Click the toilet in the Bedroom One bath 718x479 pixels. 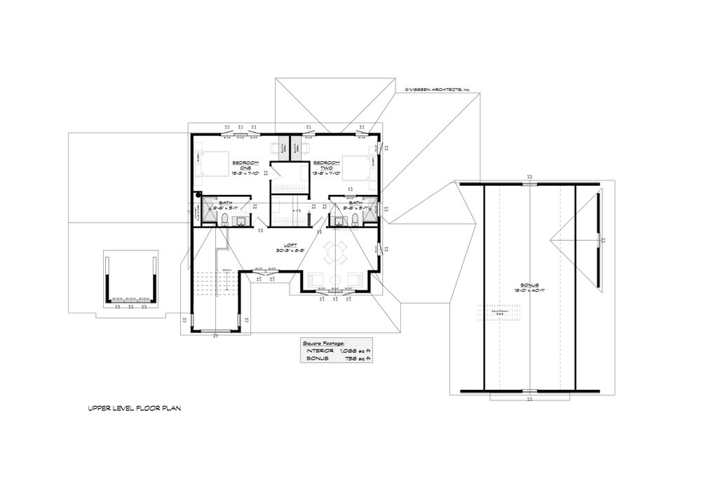[x=222, y=221]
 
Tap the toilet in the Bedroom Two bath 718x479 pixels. [x=355, y=221]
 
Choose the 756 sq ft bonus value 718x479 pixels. [x=358, y=358]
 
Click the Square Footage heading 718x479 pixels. [x=323, y=343]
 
